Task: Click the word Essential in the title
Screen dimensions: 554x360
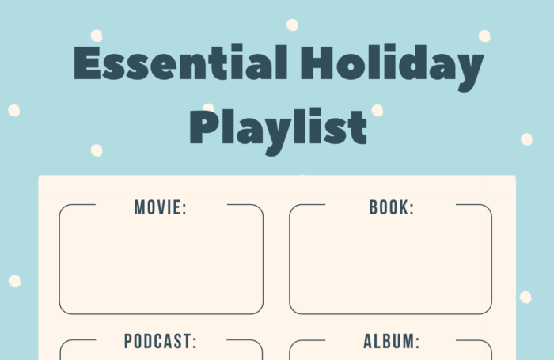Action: [x=180, y=63]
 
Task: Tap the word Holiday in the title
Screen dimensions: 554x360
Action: [x=392, y=67]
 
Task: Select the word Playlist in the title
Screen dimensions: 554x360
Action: [x=279, y=131]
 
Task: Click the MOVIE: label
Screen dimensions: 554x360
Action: [x=161, y=207]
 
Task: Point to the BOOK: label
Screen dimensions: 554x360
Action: [x=392, y=207]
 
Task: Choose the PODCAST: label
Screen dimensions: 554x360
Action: [x=161, y=341]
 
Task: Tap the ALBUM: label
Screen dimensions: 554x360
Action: [x=392, y=341]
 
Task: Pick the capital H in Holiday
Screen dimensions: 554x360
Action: [x=317, y=63]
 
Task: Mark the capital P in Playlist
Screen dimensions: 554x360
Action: [x=204, y=127]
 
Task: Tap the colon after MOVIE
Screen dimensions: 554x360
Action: [x=184, y=209]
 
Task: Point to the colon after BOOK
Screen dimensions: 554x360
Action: [x=411, y=209]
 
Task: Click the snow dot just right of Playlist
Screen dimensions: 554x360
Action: [x=378, y=111]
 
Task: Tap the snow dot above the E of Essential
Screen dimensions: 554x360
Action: [x=97, y=36]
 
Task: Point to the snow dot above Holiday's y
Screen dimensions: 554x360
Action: [x=484, y=36]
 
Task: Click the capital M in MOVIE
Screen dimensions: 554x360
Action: [x=139, y=207]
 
